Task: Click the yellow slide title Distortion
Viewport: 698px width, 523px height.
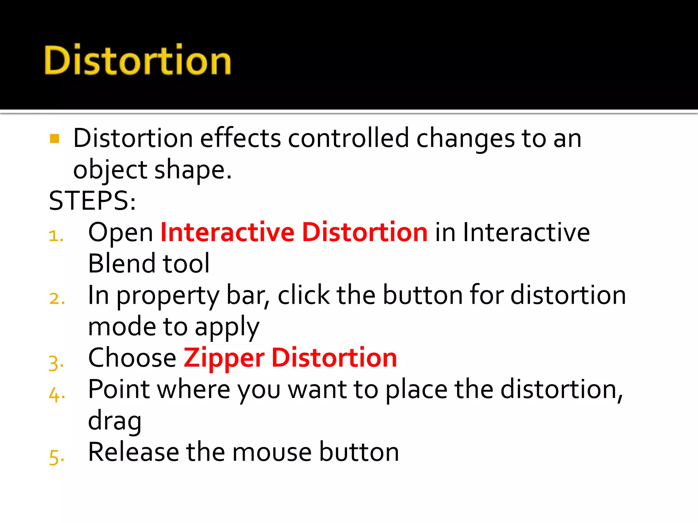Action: coord(138,60)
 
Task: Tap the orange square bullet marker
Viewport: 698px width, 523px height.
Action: coord(55,139)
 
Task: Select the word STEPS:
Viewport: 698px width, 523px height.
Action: coord(92,201)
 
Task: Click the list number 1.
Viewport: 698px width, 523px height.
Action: coord(56,236)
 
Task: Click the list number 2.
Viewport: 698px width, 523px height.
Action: coord(57,299)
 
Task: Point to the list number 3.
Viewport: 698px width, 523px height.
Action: coord(56,363)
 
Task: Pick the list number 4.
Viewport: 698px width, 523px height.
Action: coord(57,395)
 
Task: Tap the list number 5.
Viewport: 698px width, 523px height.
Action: coord(56,457)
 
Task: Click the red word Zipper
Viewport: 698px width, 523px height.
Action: coord(224,358)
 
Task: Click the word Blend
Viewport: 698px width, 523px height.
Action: coord(122,264)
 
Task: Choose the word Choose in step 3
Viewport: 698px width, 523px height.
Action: coord(132,358)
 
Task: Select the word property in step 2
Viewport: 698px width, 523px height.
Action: coord(168,296)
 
